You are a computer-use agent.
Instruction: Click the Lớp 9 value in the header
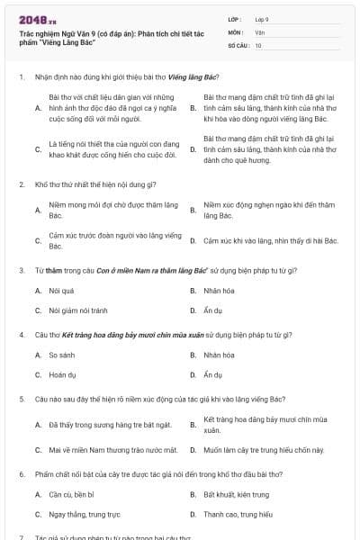(262, 19)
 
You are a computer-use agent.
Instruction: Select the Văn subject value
(259, 31)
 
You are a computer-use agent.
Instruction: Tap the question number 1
(22, 77)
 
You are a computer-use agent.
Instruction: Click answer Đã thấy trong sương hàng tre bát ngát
(97, 424)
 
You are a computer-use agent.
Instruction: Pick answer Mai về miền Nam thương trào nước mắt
(101, 449)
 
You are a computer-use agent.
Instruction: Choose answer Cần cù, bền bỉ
(71, 494)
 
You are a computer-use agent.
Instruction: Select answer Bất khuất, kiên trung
(237, 494)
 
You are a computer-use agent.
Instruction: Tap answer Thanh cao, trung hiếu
(238, 514)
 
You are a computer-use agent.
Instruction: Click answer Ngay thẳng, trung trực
(82, 514)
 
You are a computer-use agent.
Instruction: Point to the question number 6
(22, 473)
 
